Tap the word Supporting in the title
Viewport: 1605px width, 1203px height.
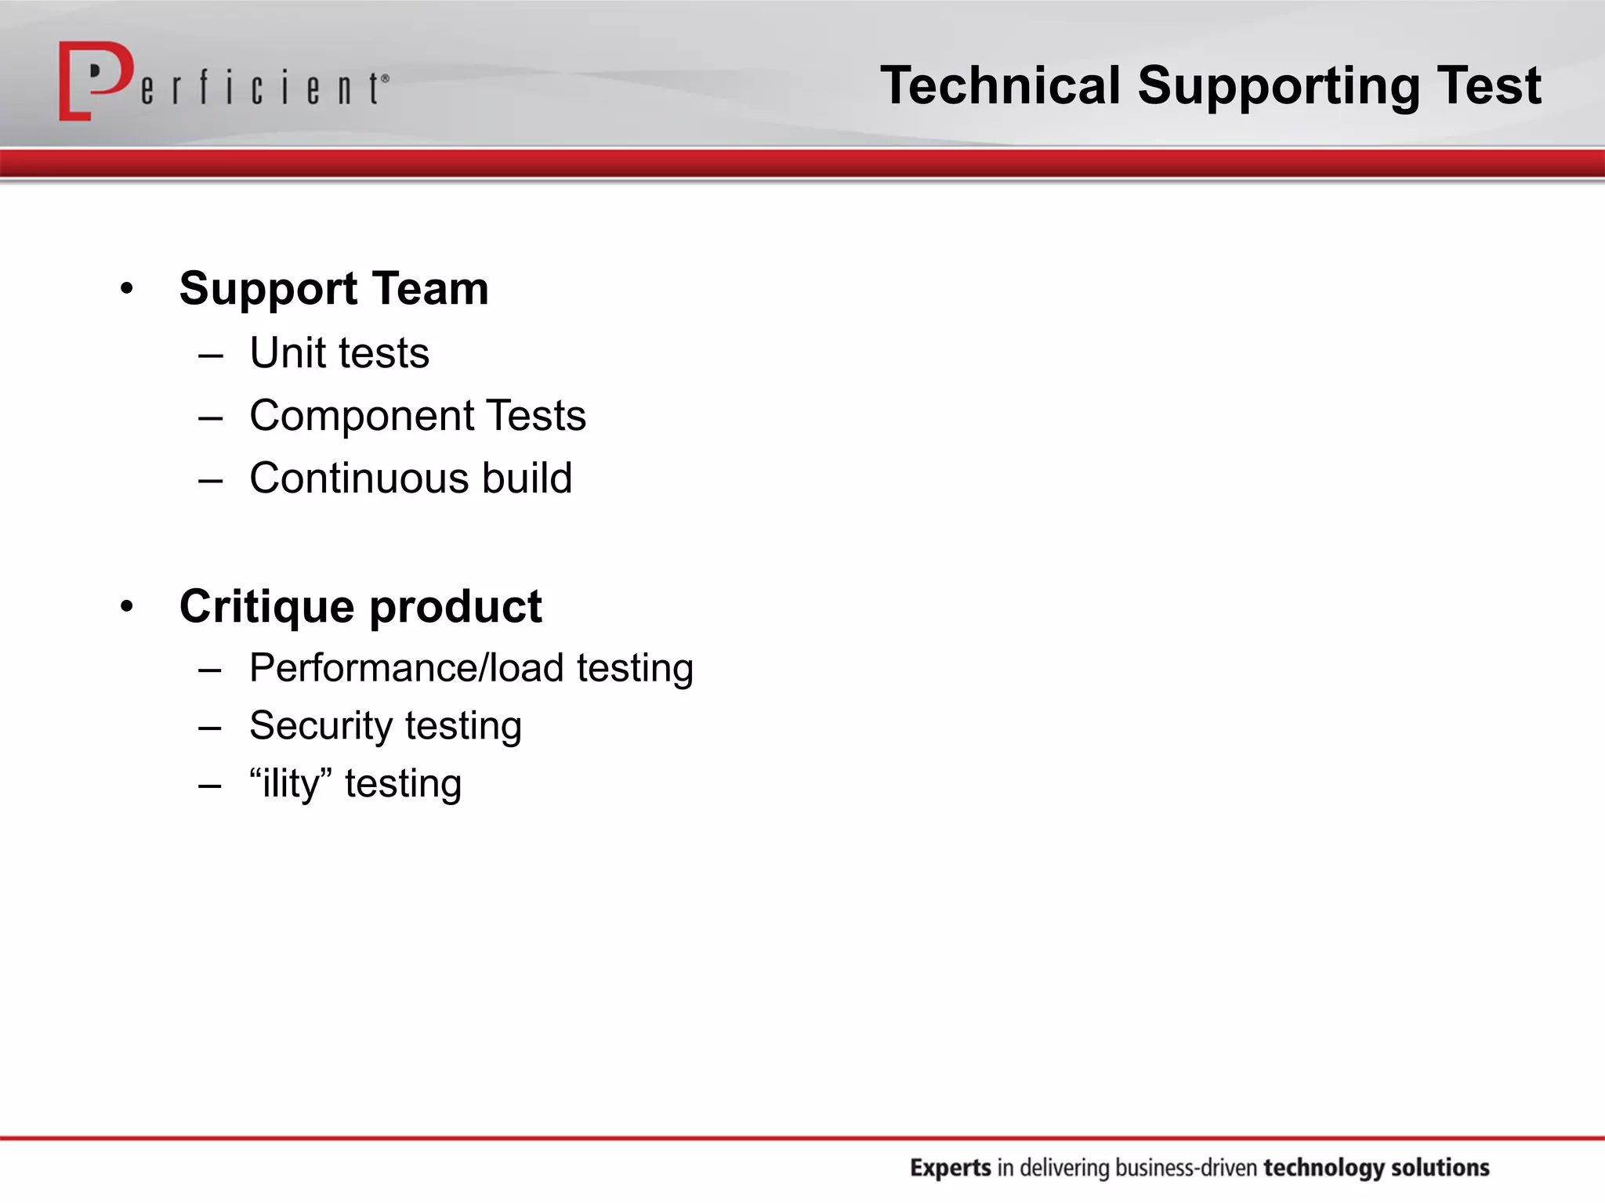1278,86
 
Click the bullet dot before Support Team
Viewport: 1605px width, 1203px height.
127,289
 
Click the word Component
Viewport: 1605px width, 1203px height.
361,417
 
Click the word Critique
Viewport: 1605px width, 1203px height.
266,607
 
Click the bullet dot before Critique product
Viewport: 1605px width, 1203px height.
127,606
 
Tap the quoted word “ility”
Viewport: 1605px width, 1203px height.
291,783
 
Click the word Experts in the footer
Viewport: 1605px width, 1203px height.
951,1168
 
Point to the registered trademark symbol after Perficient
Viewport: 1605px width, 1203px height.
385,78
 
